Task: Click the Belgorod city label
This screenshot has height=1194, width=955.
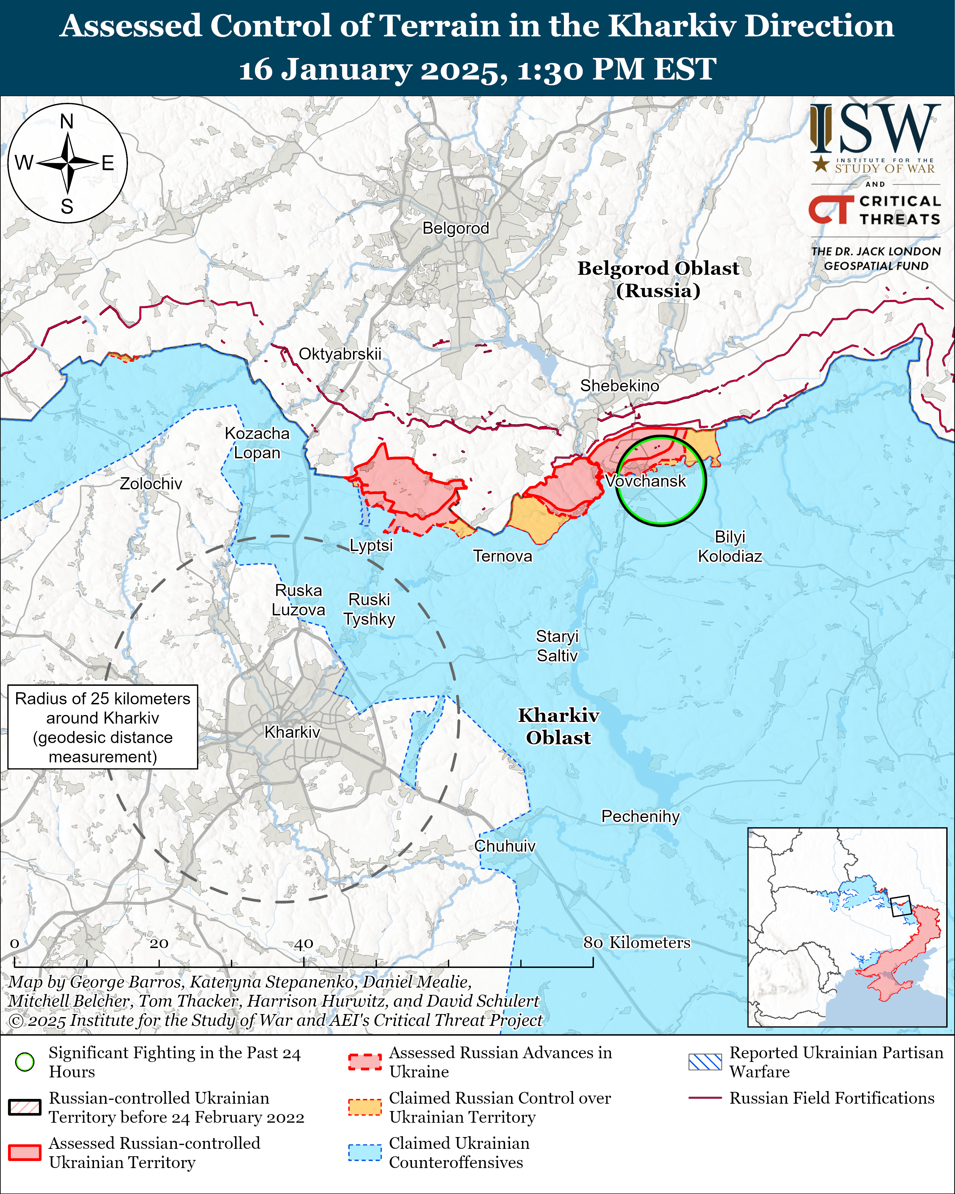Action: pyautogui.click(x=456, y=228)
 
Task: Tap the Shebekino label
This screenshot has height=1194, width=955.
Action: pyautogui.click(x=619, y=386)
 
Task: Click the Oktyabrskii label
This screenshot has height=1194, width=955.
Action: pyautogui.click(x=340, y=354)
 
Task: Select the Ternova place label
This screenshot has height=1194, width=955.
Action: pyautogui.click(x=502, y=556)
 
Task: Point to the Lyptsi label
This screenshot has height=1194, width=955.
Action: pyautogui.click(x=371, y=546)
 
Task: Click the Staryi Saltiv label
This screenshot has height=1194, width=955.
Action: pyautogui.click(x=557, y=646)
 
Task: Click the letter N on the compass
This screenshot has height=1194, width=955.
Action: pyautogui.click(x=67, y=121)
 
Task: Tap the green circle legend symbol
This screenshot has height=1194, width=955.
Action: pyautogui.click(x=25, y=1062)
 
